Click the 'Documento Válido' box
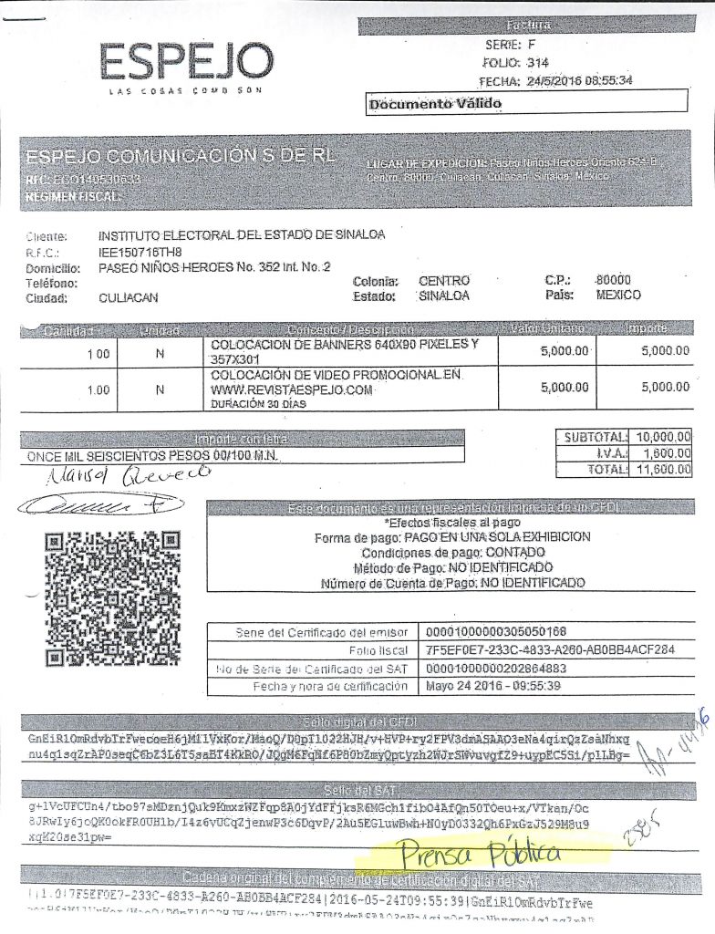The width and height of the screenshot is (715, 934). (435, 103)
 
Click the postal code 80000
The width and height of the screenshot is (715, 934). (612, 280)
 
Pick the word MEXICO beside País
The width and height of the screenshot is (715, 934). (618, 296)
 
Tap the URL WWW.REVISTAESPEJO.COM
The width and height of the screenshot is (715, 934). (292, 389)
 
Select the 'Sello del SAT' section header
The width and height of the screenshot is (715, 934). (357, 787)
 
